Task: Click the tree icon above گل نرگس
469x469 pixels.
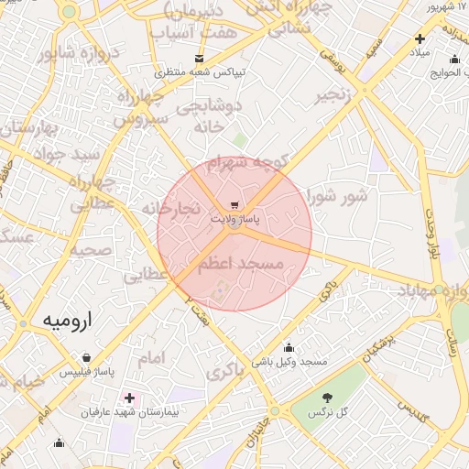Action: (x=328, y=397)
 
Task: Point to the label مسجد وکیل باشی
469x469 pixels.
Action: (x=289, y=363)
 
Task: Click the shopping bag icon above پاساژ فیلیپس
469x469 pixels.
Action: (x=86, y=358)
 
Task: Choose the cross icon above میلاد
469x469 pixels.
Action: (x=420, y=38)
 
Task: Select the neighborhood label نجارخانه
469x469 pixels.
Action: (x=171, y=209)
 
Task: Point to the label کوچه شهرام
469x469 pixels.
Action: (x=248, y=163)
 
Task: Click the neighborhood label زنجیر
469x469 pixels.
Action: (x=333, y=95)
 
